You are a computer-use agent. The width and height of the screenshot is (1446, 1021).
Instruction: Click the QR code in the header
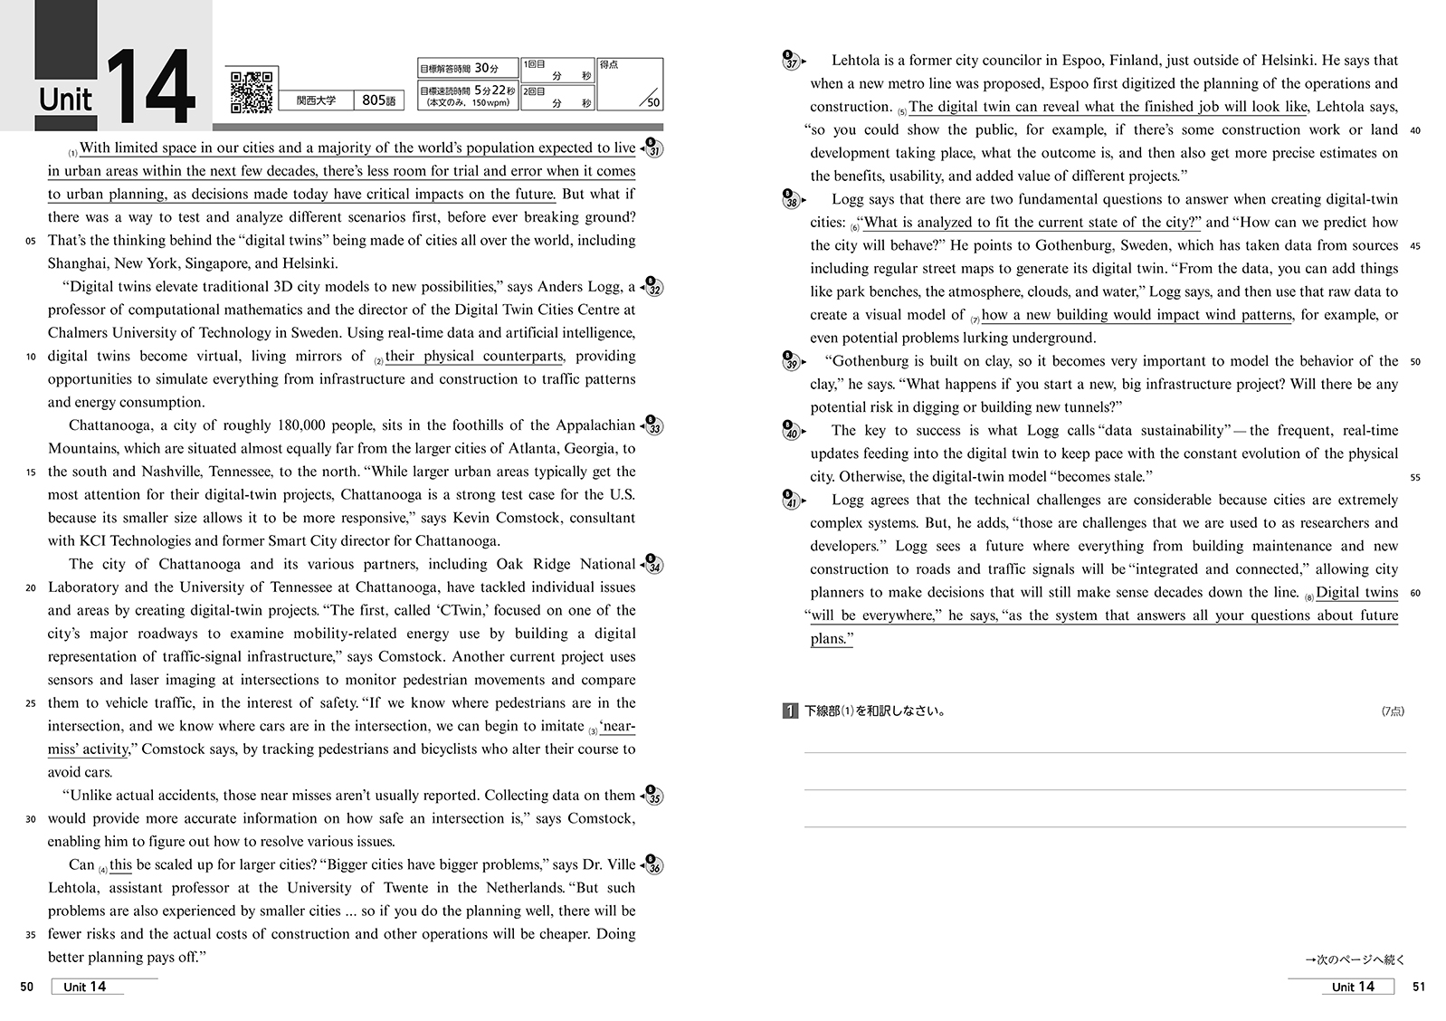pyautogui.click(x=252, y=91)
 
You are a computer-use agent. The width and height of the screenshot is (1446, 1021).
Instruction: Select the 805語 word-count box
pyautogui.click(x=377, y=100)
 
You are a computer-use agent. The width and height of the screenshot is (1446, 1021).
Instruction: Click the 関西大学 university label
pyautogui.click(x=316, y=100)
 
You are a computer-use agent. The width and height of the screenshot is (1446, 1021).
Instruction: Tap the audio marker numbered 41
pyautogui.click(x=791, y=501)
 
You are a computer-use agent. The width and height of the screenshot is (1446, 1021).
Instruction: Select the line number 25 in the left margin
pyautogui.click(x=31, y=703)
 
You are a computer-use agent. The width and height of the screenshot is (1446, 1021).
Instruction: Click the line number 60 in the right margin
pyautogui.click(x=1415, y=593)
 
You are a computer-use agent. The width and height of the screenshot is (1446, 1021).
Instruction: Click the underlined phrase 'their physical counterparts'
pyautogui.click(x=473, y=356)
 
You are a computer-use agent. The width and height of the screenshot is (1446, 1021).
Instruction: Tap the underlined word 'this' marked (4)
pyautogui.click(x=120, y=864)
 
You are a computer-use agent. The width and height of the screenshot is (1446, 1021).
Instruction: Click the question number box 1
pyautogui.click(x=790, y=711)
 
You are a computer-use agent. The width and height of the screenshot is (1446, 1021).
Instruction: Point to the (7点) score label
pyautogui.click(x=1393, y=711)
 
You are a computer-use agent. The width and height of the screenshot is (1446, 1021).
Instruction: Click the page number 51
pyautogui.click(x=1418, y=987)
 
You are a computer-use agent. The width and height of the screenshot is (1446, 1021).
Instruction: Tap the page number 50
pyautogui.click(x=27, y=987)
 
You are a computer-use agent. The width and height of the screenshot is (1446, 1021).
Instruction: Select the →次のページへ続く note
pyautogui.click(x=1355, y=959)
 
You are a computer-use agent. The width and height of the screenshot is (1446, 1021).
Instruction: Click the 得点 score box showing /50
pyautogui.click(x=630, y=84)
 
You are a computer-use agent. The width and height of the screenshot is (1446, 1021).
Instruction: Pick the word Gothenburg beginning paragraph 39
pyautogui.click(x=874, y=361)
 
